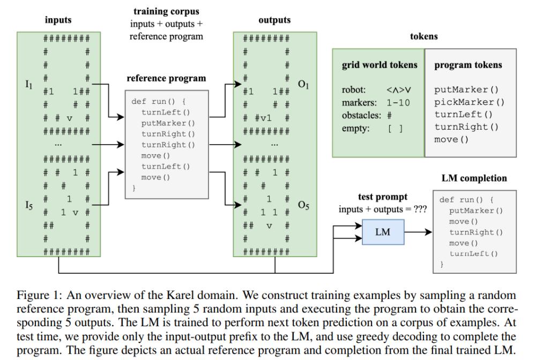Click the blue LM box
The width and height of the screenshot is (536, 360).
coord(383,232)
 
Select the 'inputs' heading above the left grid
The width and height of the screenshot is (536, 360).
coord(58,20)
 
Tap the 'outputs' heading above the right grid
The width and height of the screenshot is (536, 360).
coord(274,20)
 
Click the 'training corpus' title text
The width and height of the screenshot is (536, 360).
coord(166,11)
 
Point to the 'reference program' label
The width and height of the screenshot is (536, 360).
coord(166,78)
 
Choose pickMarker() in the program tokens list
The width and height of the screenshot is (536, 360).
coord(470,102)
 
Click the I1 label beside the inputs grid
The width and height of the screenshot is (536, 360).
coord(30,84)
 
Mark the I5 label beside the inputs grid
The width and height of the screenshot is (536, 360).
coord(30,205)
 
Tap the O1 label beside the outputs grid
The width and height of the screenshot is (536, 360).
coord(304,84)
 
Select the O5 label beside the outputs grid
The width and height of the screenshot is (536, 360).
coord(304,205)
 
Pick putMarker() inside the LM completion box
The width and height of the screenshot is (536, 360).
coord(476,211)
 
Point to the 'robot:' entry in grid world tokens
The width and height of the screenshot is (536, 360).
coord(354,90)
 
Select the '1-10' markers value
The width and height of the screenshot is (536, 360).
coord(398,102)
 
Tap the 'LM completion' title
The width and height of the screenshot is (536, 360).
coord(474,178)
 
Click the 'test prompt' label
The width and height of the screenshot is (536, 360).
coord(383,197)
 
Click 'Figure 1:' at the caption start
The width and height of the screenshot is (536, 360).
coord(36,296)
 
